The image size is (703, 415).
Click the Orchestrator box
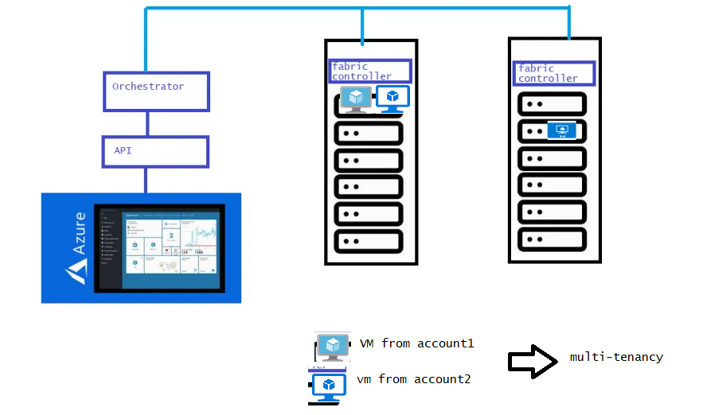(156, 91)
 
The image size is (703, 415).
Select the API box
(156, 151)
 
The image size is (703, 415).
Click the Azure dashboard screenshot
(160, 248)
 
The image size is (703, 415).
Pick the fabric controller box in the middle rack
(370, 72)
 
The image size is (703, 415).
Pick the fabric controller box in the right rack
(553, 73)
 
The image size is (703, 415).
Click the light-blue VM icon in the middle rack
(356, 99)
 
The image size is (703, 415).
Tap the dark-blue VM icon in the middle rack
(392, 99)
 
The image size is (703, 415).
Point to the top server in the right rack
(553, 103)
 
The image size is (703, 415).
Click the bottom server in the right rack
(553, 238)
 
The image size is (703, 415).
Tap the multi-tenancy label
(616, 357)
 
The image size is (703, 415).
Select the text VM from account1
(417, 343)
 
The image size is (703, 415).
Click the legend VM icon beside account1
(332, 347)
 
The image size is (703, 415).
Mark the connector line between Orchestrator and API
(147, 123)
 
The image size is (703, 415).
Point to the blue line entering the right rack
(569, 24)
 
